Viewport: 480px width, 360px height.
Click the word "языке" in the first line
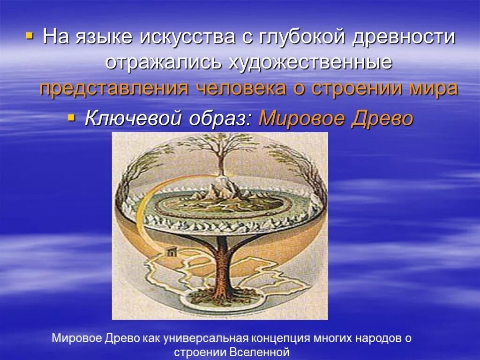tap(102, 37)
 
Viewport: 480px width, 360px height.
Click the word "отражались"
tap(164, 62)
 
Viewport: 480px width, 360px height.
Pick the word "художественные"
tap(310, 62)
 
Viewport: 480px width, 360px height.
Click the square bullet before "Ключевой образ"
tap(72, 117)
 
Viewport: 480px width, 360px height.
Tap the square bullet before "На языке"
tap(30, 35)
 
